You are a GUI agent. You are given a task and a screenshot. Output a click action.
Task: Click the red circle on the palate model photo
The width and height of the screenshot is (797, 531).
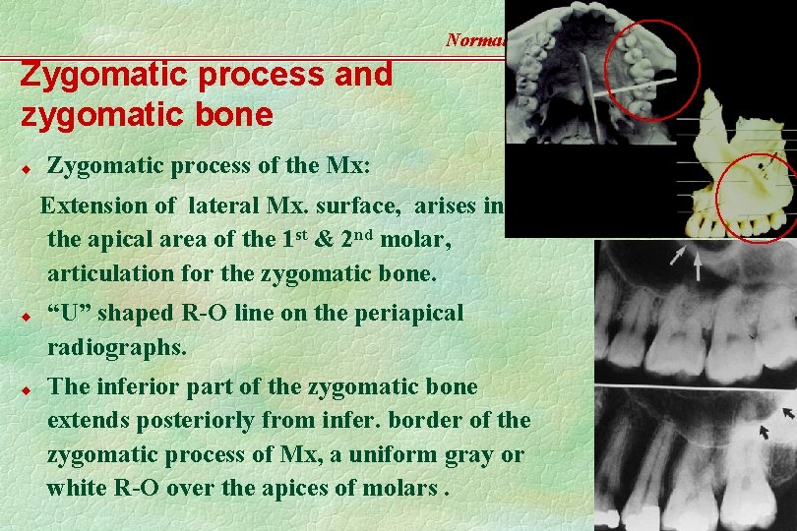pyautogui.click(x=651, y=72)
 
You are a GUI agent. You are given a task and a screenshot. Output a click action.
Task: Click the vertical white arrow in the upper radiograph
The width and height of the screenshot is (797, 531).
pyautogui.click(x=698, y=265)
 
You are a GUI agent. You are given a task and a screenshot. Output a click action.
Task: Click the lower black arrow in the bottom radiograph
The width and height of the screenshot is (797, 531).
pyautogui.click(x=765, y=431)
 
